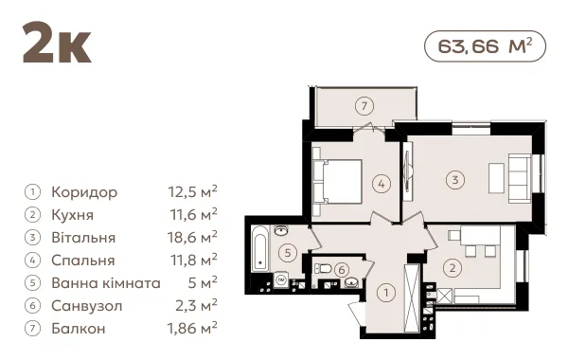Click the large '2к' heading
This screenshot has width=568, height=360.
coord(57,43)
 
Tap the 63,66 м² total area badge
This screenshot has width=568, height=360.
coord(485,46)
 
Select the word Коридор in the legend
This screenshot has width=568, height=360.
coord(84,192)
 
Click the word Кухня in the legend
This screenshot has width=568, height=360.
coord(73,215)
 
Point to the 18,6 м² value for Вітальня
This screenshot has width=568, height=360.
coord(192,238)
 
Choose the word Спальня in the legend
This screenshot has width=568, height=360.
coord(83,261)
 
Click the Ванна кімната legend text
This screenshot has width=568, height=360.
coord(106,282)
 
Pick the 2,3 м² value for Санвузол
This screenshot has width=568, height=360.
coord(196,305)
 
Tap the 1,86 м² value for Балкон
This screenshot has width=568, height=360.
coord(192,328)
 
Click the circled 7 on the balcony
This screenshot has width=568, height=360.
coord(364,106)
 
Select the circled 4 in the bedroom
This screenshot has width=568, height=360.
coord(382,184)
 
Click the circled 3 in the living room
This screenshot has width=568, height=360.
coord(455,179)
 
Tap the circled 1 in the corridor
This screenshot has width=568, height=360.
coord(386,292)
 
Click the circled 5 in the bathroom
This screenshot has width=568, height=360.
coord(288,252)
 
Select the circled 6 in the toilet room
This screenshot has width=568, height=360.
coord(342,270)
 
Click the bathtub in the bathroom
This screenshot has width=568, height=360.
coord(259,248)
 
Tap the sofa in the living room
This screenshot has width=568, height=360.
coord(520,178)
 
